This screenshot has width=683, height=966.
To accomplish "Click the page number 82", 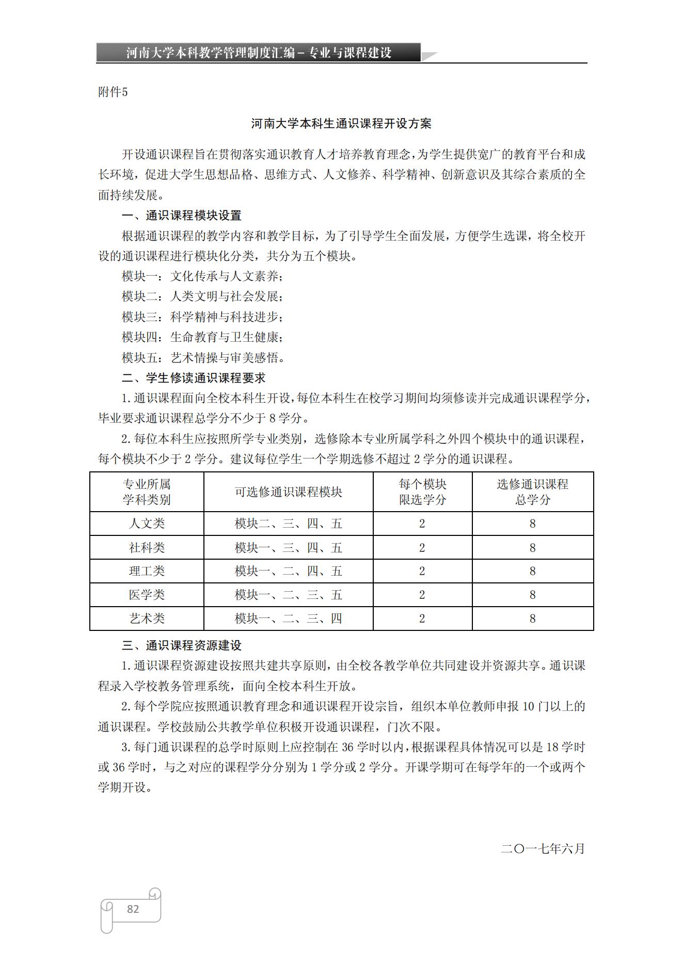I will pos(133,909).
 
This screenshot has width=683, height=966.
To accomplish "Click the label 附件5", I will pos(113,92).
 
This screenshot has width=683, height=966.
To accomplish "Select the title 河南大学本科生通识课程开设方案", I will pos(341,123).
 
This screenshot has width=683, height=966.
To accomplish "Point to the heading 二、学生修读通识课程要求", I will pos(194,378).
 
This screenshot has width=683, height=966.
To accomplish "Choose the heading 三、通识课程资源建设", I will pos(181,645).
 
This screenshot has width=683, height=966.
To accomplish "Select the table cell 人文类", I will pos(147,524).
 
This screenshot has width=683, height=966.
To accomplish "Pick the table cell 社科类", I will pos(147,547).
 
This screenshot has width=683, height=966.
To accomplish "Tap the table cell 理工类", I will pos(147,571).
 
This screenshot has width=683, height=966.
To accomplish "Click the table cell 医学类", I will pos(147,595).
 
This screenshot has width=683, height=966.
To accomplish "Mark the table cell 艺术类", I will pos(147,619).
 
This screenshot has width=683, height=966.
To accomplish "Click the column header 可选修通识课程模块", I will pos(288,492).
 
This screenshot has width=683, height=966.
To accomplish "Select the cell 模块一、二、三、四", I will pos(288,619).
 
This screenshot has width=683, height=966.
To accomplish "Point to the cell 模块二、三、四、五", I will pos(288,524).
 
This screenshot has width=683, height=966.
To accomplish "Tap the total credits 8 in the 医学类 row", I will pos(532,595).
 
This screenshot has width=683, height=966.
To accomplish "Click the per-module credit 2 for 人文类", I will pos(422,524).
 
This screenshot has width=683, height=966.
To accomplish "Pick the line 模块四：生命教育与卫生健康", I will pos(202,337).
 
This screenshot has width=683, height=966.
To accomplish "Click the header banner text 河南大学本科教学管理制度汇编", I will pos(211,53).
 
